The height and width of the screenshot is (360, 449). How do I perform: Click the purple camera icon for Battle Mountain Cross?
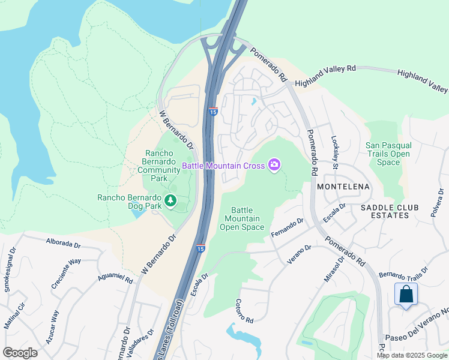[274, 164]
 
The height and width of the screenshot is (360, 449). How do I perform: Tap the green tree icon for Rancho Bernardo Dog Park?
[170, 200]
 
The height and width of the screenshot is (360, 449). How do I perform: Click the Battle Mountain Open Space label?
[241, 218]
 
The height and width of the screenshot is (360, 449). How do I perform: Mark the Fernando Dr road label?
[288, 227]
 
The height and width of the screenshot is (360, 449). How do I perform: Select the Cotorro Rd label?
[244, 311]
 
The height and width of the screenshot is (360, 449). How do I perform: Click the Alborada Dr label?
[63, 244]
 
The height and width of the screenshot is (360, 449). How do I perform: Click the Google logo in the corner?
[20, 353]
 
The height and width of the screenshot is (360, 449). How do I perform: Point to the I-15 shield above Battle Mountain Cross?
[213, 111]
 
